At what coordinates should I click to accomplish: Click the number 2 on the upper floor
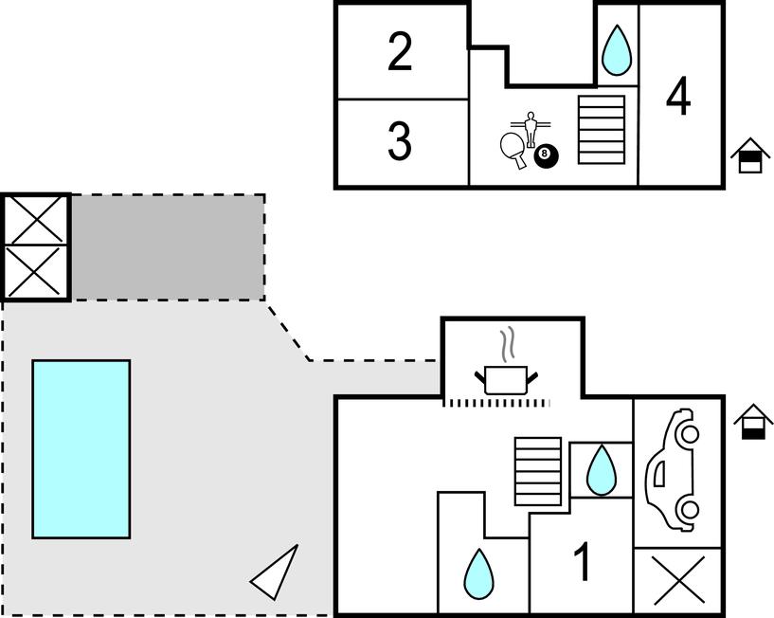[x=401, y=52]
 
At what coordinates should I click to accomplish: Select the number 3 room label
[x=400, y=142]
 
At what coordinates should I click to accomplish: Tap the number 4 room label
[x=678, y=97]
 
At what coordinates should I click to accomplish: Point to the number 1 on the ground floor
[x=584, y=562]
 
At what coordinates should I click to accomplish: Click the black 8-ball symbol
[x=545, y=155]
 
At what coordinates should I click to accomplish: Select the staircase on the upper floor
[x=602, y=130]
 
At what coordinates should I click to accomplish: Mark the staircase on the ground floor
[x=538, y=471]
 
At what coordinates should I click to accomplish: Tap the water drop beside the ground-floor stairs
[x=600, y=470]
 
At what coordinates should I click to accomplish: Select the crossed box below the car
[x=679, y=580]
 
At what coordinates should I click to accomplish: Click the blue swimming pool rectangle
[x=81, y=448]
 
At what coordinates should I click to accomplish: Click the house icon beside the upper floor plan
[x=750, y=156]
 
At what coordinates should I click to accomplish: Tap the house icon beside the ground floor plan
[x=753, y=422]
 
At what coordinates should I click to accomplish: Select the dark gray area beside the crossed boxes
[x=168, y=247]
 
